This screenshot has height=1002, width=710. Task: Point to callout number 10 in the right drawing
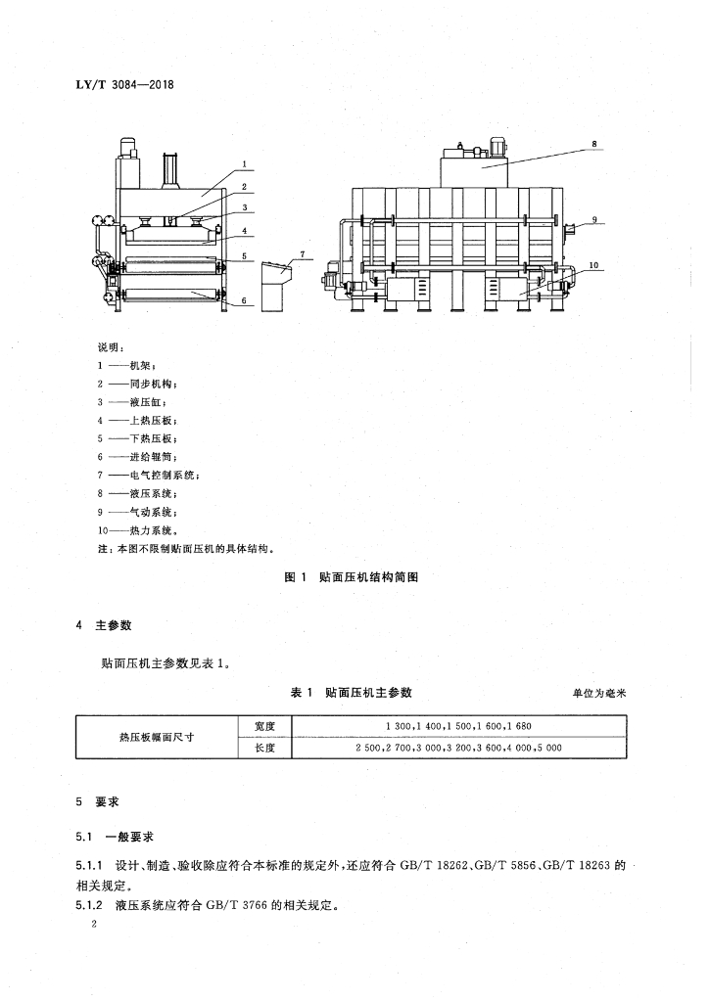click(x=593, y=264)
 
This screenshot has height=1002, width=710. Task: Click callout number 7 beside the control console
click(x=304, y=254)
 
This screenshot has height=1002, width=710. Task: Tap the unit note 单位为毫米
click(x=598, y=693)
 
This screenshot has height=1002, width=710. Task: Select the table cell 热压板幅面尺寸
click(x=155, y=737)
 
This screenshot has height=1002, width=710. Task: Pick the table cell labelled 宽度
click(x=264, y=726)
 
